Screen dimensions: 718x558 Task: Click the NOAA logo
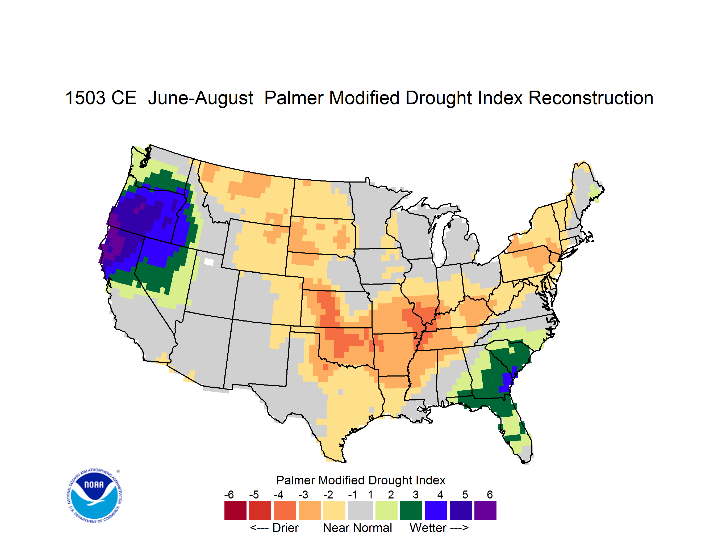[94, 496]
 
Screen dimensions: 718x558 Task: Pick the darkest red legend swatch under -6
[235, 510]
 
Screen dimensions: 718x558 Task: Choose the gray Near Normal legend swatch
[360, 510]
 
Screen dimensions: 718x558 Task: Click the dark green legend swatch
[411, 510]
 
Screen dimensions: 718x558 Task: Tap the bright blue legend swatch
[436, 510]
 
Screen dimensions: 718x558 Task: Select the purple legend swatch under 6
[485, 510]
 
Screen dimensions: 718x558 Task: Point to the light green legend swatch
[386, 510]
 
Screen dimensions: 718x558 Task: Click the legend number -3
[303, 494]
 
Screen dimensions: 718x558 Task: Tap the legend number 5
[465, 494]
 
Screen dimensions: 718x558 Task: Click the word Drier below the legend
[285, 528]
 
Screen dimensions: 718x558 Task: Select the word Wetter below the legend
[428, 528]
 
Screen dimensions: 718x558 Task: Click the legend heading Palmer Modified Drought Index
[361, 480]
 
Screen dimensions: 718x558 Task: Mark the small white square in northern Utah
[209, 262]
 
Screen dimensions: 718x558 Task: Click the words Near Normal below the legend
[357, 528]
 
